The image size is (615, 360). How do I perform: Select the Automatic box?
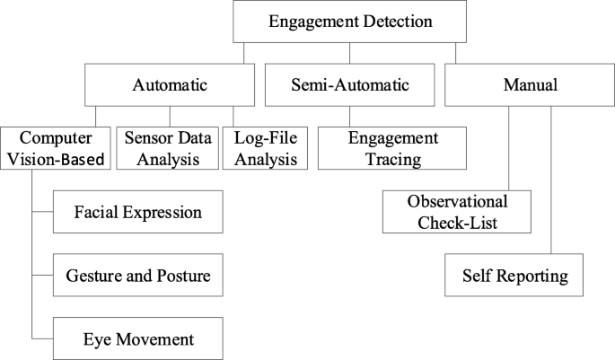tap(170, 85)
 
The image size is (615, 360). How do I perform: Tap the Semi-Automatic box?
tap(349, 85)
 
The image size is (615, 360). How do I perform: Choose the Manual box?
tap(529, 85)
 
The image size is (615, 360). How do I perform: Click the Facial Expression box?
tap(137, 213)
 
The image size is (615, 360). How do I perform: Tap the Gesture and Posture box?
tap(137, 276)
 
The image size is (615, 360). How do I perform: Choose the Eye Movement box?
tap(137, 339)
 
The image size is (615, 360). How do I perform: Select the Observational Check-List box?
tap(457, 210)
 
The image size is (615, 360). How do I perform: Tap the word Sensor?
tap(145, 138)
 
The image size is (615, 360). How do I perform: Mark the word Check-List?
tap(457, 221)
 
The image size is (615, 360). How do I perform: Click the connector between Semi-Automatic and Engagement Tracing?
tap(349, 117)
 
